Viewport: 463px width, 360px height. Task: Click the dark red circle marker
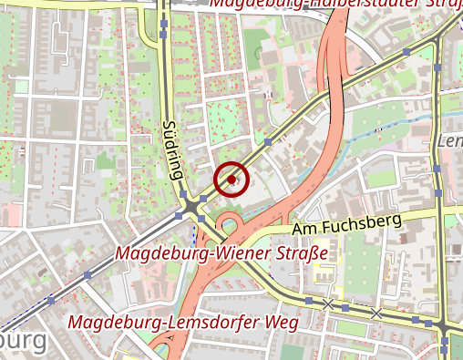point(231,180)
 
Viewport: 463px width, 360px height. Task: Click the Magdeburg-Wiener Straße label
point(221,252)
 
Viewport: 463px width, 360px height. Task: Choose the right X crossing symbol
point(376,313)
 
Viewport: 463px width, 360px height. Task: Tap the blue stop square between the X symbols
point(351,307)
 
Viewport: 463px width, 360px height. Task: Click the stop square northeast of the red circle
point(268,142)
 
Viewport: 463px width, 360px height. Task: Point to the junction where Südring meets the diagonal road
point(191,210)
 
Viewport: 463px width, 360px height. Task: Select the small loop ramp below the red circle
point(228,221)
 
